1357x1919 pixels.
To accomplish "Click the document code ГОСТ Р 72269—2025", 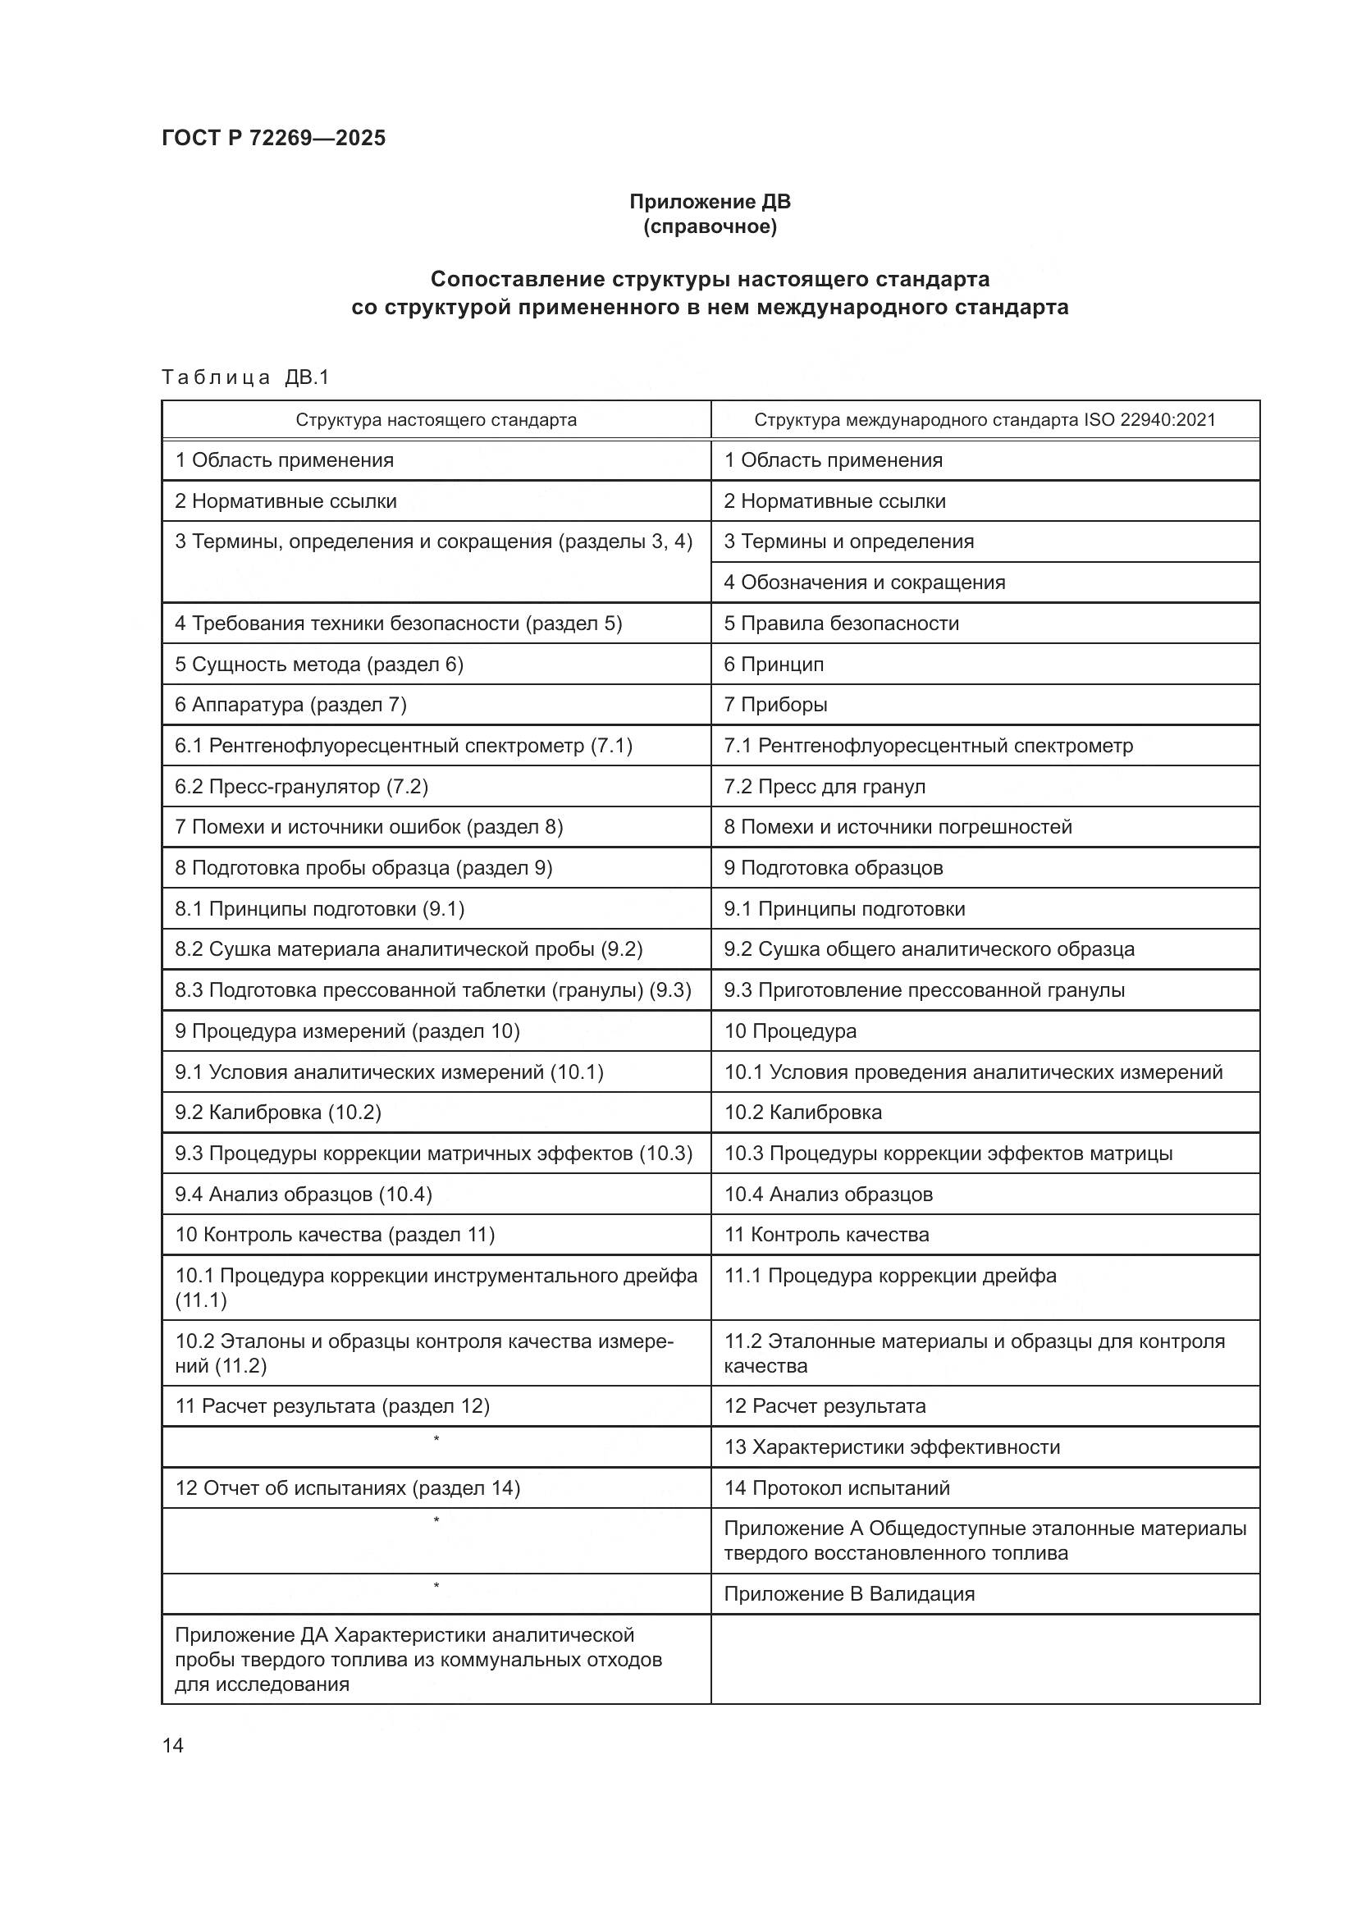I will click(x=273, y=138).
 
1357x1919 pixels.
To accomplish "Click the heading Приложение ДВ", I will click(x=710, y=202).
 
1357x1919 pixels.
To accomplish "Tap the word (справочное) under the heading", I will click(x=710, y=226).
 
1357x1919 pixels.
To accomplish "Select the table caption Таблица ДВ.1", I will click(x=245, y=377).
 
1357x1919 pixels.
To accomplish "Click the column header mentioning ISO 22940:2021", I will click(x=985, y=419).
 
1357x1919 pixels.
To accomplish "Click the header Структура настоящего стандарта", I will click(x=436, y=419).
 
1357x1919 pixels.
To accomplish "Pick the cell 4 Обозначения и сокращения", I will click(x=864, y=583).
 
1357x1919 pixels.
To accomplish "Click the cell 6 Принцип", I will click(x=774, y=665).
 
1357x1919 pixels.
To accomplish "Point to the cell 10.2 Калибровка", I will click(x=802, y=1113).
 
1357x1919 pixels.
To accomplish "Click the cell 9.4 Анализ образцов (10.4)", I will click(x=304, y=1195).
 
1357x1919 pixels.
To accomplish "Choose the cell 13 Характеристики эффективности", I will click(x=892, y=1446).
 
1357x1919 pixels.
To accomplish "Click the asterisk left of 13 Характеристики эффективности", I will click(x=436, y=1439).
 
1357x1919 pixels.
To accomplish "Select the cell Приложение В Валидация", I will click(x=849, y=1594).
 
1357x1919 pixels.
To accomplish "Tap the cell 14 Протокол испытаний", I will click(x=836, y=1487).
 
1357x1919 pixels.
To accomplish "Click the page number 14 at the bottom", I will click(x=173, y=1745).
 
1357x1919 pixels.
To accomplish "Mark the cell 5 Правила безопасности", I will click(x=841, y=624).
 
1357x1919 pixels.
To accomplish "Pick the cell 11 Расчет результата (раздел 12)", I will click(x=331, y=1406).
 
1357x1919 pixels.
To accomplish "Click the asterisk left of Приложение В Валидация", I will click(x=436, y=1586).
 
